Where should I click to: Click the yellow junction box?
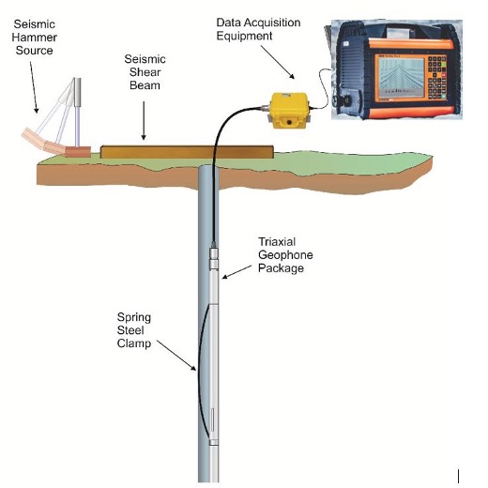click(x=288, y=110)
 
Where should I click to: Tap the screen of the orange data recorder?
click(x=401, y=78)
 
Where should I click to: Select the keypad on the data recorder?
click(x=437, y=77)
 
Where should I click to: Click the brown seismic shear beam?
click(x=187, y=152)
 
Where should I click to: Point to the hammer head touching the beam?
click(x=78, y=152)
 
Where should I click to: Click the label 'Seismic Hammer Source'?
click(x=35, y=38)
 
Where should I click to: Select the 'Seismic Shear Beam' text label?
click(x=145, y=72)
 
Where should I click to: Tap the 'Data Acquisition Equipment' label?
click(x=258, y=29)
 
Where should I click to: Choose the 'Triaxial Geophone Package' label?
click(x=285, y=255)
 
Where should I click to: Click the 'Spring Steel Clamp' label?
click(x=134, y=330)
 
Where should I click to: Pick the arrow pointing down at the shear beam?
click(x=144, y=120)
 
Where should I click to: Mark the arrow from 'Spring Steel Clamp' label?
click(x=176, y=356)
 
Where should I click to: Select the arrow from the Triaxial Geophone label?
click(x=236, y=272)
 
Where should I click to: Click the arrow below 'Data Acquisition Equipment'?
click(x=278, y=62)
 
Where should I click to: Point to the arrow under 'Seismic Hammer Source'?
click(x=34, y=87)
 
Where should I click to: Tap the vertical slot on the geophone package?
click(x=213, y=419)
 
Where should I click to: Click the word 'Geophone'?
click(x=285, y=255)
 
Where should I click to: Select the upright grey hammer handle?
click(x=77, y=112)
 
